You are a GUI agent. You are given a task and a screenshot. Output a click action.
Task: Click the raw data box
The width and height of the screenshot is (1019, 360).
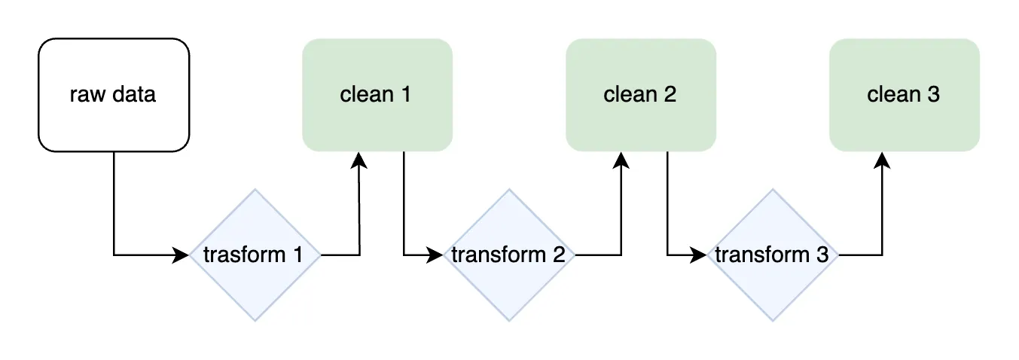pyautogui.click(x=113, y=95)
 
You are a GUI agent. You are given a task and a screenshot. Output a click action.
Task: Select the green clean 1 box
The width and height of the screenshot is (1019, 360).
pyautogui.click(x=377, y=95)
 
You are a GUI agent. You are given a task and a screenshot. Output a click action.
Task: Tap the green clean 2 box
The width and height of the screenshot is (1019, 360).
pyautogui.click(x=640, y=95)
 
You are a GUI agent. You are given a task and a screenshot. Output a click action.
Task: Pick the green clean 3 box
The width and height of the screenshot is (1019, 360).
pyautogui.click(x=904, y=95)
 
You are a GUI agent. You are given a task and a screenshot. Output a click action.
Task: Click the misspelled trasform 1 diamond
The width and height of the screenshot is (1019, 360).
pyautogui.click(x=255, y=255)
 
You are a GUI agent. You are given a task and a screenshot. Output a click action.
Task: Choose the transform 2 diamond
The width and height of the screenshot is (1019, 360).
pyautogui.click(x=508, y=255)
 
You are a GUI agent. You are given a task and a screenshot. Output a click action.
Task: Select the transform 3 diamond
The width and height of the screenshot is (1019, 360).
pyautogui.click(x=772, y=255)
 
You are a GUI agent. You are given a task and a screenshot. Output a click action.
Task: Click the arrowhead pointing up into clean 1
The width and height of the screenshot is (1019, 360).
pyautogui.click(x=359, y=160)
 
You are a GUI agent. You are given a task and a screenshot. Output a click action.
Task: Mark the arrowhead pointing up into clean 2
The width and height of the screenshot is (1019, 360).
pyautogui.click(x=621, y=160)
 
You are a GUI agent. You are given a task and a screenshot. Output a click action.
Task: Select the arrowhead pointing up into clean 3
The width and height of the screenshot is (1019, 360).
pyautogui.click(x=883, y=160)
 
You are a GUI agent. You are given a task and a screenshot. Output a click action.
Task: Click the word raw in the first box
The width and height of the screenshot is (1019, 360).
pyautogui.click(x=85, y=96)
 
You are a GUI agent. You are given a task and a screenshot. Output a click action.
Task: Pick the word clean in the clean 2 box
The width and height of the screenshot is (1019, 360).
pyautogui.click(x=630, y=95)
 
